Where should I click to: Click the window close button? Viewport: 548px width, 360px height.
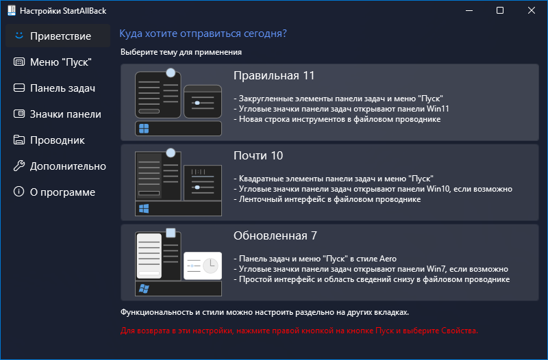(x=532, y=11)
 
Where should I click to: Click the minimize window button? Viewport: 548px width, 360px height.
(x=469, y=11)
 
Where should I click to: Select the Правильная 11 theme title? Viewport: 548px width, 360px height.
(x=274, y=75)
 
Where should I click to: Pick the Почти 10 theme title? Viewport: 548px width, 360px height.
(x=258, y=155)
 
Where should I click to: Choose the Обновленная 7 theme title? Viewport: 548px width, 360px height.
(x=275, y=235)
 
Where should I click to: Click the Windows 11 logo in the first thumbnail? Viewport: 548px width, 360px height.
(x=144, y=129)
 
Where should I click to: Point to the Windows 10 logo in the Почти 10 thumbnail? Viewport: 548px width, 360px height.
(x=144, y=208)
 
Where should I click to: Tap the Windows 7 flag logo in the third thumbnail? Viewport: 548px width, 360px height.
(x=144, y=288)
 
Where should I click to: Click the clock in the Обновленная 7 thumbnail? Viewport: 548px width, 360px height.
(x=210, y=266)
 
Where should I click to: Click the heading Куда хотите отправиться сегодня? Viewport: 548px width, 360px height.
(x=203, y=34)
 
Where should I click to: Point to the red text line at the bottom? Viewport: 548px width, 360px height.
(x=299, y=331)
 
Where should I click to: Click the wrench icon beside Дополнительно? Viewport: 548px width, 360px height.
(x=18, y=166)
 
